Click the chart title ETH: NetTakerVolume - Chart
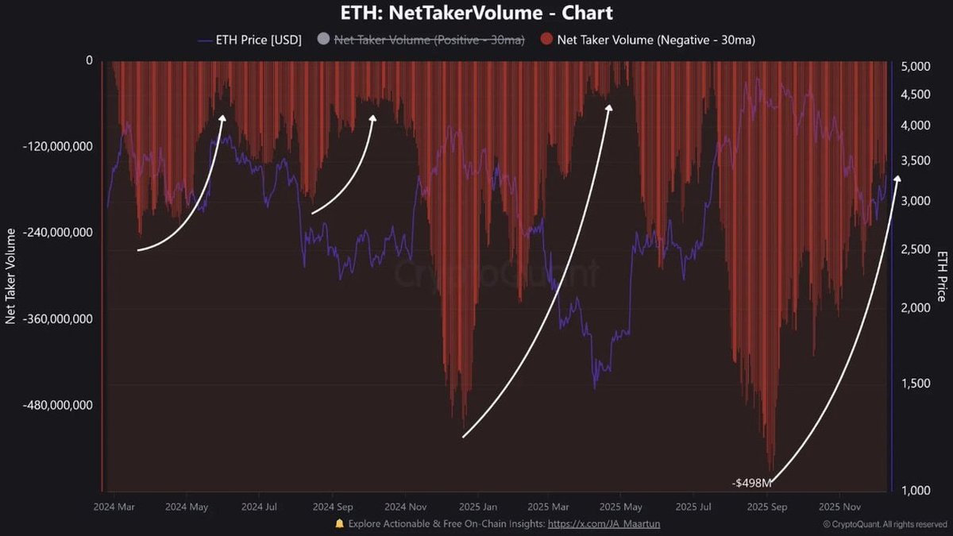point(476,13)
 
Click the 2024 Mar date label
point(114,506)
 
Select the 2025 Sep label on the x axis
point(768,506)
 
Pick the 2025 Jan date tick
point(479,506)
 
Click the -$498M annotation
point(751,483)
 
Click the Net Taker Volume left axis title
point(11,276)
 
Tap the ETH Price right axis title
point(942,276)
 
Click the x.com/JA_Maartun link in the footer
point(604,524)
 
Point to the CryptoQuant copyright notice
point(885,524)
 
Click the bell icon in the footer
point(339,524)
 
